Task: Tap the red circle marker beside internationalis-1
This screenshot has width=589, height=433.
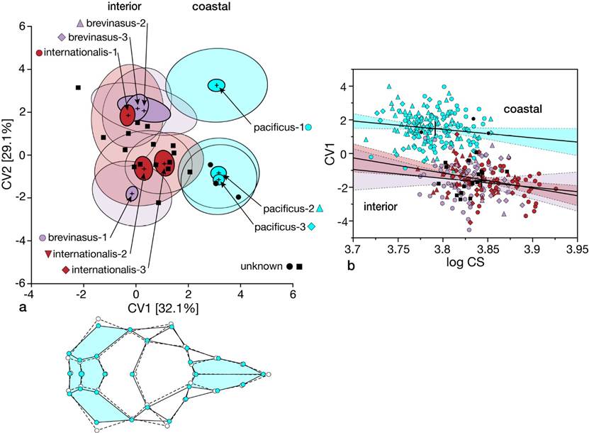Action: [39, 53]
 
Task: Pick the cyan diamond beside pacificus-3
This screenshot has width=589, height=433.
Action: [313, 227]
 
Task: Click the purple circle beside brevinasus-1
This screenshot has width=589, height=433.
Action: [43, 239]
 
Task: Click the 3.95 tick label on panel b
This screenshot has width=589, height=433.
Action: [576, 251]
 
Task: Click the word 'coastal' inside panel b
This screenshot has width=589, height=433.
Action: [524, 109]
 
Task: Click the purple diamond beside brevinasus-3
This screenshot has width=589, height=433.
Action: [62, 37]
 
